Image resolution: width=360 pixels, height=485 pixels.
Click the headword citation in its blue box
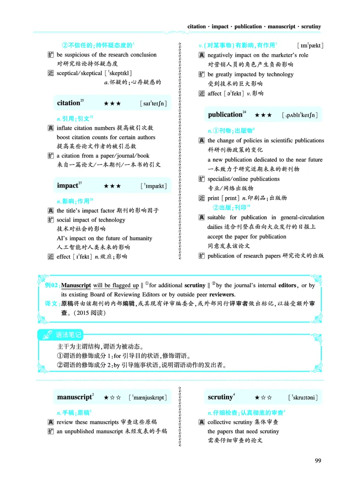(68, 103)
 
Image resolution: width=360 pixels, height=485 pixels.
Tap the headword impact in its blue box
(67, 186)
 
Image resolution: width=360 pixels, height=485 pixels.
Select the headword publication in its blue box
(225, 115)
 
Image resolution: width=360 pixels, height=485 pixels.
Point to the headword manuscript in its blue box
(74, 397)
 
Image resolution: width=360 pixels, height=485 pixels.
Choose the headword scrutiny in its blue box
(220, 397)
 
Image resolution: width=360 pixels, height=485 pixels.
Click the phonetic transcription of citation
(154, 104)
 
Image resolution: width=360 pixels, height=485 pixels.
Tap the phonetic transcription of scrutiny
(303, 398)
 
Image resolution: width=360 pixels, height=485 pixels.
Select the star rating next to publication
(263, 115)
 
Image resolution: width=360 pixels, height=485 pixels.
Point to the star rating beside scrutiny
(263, 398)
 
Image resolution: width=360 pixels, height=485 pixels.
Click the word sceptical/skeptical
(79, 73)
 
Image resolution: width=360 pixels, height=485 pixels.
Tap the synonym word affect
(215, 94)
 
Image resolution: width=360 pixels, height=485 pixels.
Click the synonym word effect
(63, 257)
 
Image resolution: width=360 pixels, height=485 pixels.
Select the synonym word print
(213, 198)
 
